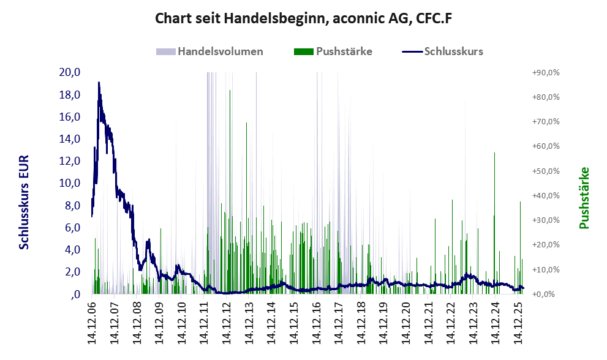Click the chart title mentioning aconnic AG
click(303, 18)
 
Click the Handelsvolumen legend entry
click(220, 51)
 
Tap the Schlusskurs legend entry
click(453, 51)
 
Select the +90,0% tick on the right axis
click(546, 72)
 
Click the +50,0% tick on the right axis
click(546, 171)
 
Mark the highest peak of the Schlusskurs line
click(99, 83)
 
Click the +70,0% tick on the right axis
click(546, 121)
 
